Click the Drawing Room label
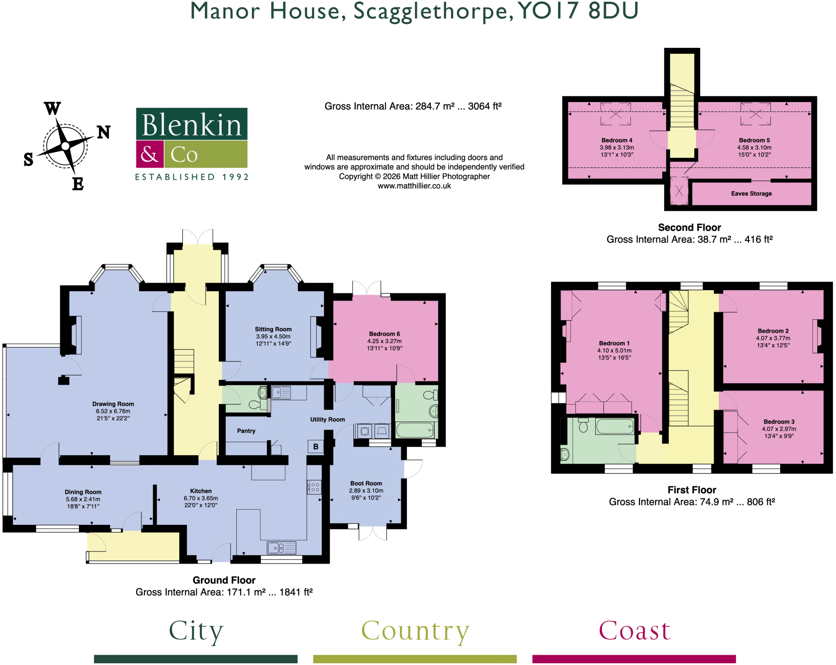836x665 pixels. pos(113,404)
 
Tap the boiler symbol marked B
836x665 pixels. pos(316,446)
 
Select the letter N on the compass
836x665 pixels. pos(104,132)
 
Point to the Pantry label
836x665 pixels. pos(246,431)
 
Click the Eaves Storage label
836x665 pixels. pos(752,194)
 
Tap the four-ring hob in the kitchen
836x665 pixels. pos(315,487)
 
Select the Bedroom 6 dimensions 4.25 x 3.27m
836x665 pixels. pos(385,341)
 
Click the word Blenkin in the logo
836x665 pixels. pos(191,125)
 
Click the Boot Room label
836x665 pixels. pos(366,483)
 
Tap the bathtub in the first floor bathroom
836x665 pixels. pos(615,426)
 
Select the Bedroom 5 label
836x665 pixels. pos(754,140)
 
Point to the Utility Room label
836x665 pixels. pos(327,420)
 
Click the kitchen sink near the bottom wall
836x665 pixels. pos(282,547)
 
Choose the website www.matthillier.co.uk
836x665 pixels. pos(414,186)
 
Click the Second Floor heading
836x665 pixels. pos(689,228)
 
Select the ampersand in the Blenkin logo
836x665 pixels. pos(149,154)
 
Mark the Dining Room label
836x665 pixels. pos(83,492)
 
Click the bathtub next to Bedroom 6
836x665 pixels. pos(415,430)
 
